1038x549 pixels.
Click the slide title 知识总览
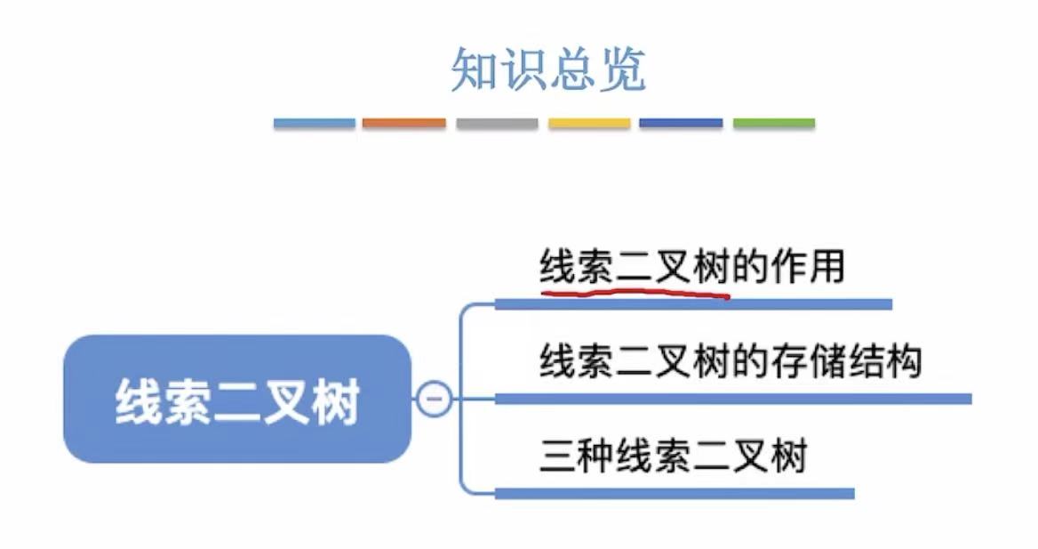[547, 70]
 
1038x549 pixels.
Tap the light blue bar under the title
[315, 123]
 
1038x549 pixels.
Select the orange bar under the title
[404, 123]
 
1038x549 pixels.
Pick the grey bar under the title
[497, 123]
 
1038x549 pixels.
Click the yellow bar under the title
[589, 123]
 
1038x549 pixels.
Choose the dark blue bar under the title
[681, 123]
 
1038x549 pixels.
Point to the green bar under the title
[774, 123]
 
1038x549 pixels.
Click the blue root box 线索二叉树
[237, 400]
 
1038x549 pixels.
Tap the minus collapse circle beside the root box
[434, 399]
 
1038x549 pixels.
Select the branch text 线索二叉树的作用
[691, 267]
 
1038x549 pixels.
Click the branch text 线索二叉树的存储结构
[731, 362]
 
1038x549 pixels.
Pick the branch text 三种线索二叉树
[673, 456]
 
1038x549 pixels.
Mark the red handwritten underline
[635, 292]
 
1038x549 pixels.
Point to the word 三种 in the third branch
[575, 456]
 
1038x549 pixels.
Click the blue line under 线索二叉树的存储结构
[733, 399]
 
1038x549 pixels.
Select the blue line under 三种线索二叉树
[675, 493]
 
